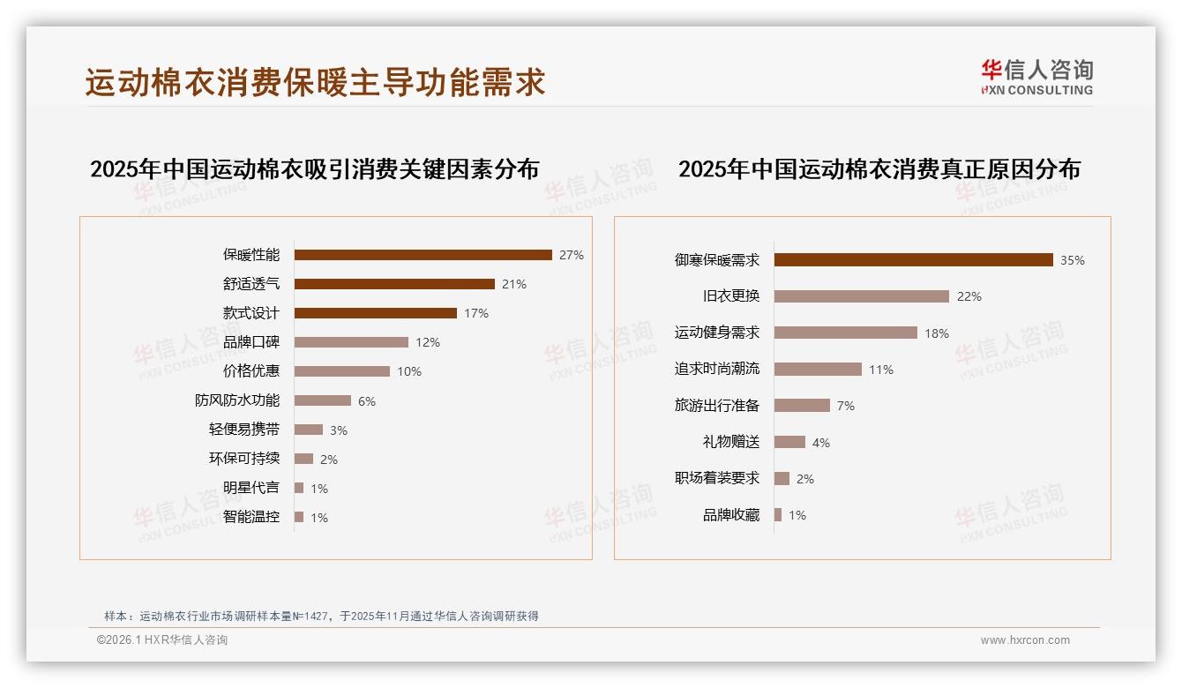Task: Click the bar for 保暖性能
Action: click(x=423, y=255)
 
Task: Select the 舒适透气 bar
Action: click(x=394, y=284)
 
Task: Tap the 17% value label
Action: click(x=475, y=313)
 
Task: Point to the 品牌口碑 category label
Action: click(x=251, y=342)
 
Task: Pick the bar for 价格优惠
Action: click(x=342, y=371)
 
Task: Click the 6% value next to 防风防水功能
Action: click(x=367, y=401)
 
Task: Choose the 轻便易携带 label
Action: click(x=244, y=430)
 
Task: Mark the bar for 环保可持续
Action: click(x=303, y=459)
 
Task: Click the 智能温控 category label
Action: click(x=251, y=517)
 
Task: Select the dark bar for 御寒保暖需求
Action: click(x=913, y=260)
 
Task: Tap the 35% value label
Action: click(x=1073, y=260)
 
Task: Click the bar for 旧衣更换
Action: click(x=862, y=296)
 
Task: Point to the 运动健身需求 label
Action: click(x=717, y=333)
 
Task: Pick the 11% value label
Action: click(x=881, y=370)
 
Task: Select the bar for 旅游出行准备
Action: click(x=802, y=406)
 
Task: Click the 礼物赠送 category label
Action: click(x=731, y=442)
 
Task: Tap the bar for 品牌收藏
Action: click(x=778, y=515)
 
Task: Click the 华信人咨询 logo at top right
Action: click(x=1036, y=77)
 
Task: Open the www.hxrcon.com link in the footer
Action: click(x=1025, y=640)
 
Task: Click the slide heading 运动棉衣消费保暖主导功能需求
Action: click(x=316, y=82)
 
